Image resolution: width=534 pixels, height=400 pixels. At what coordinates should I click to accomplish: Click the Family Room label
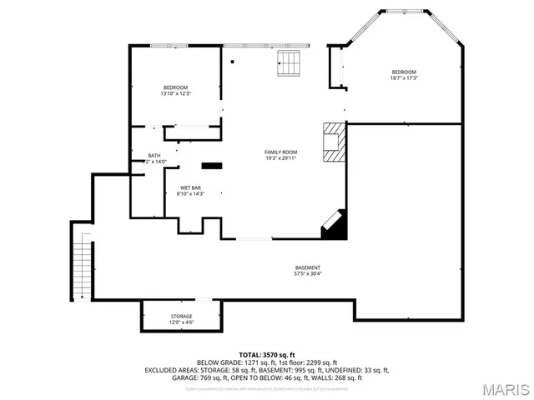(280, 152)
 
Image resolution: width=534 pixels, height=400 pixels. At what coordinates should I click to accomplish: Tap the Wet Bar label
(190, 187)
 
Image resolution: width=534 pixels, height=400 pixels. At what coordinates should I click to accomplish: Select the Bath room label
(154, 156)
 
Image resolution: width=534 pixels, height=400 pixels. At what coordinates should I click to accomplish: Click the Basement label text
(307, 267)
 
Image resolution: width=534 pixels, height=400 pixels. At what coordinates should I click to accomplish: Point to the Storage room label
(182, 316)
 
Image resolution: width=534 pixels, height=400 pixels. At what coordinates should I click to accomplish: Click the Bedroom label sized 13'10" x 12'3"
(175, 87)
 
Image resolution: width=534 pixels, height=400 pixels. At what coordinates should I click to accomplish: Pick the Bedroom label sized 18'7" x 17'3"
(404, 72)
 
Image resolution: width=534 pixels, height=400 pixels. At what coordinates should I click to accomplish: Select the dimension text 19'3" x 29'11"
(280, 158)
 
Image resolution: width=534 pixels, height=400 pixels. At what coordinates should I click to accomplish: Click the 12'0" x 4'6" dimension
(182, 322)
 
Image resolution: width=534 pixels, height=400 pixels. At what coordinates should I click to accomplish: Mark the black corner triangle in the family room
(336, 226)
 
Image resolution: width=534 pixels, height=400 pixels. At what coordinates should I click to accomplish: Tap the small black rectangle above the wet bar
(212, 165)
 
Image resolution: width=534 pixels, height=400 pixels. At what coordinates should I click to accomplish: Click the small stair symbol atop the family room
(288, 62)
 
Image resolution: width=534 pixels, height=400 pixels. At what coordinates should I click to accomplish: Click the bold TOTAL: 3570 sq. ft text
(267, 355)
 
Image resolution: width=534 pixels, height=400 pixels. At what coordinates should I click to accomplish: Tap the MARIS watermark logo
(504, 389)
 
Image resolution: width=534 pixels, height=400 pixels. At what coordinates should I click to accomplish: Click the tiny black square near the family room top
(233, 62)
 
